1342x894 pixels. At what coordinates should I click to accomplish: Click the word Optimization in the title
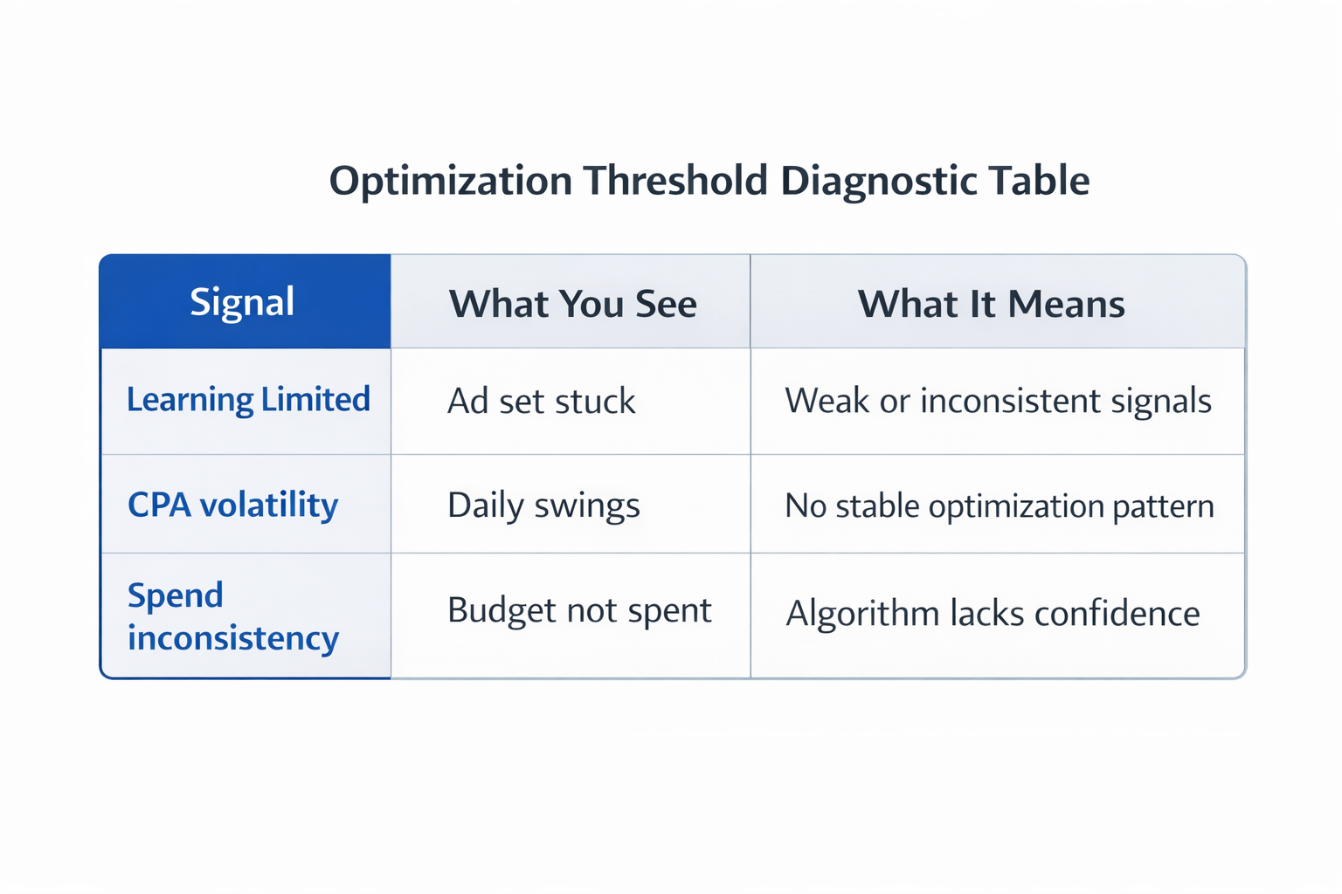coord(450,182)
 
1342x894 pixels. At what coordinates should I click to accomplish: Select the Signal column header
coord(242,302)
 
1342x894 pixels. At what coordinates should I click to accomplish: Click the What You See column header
coord(572,304)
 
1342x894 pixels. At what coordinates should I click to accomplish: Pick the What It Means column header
coord(991,304)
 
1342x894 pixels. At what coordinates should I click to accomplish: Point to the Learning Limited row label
coord(248,400)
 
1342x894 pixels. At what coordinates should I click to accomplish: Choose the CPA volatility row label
coord(232,505)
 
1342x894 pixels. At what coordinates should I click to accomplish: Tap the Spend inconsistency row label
coord(232,616)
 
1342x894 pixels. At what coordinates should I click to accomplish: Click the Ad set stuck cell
coord(541,402)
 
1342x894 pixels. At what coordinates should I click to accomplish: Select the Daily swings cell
coord(543,505)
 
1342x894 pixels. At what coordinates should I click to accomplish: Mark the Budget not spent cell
coord(579,610)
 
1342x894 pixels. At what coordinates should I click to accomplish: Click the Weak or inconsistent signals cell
coord(998,401)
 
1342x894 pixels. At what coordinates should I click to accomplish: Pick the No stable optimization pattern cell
coord(999,506)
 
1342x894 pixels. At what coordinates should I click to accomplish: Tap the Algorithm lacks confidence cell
coord(993,613)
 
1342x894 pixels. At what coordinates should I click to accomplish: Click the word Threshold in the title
coord(675,182)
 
